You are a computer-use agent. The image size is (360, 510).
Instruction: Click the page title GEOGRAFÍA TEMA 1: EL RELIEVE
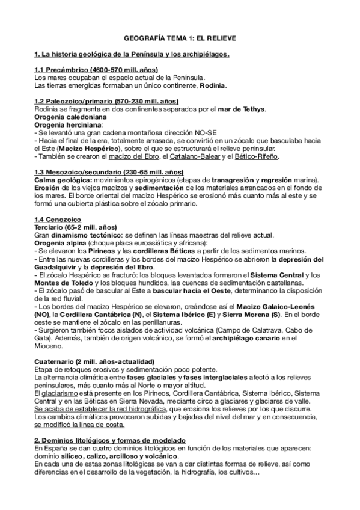tap(180, 38)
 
